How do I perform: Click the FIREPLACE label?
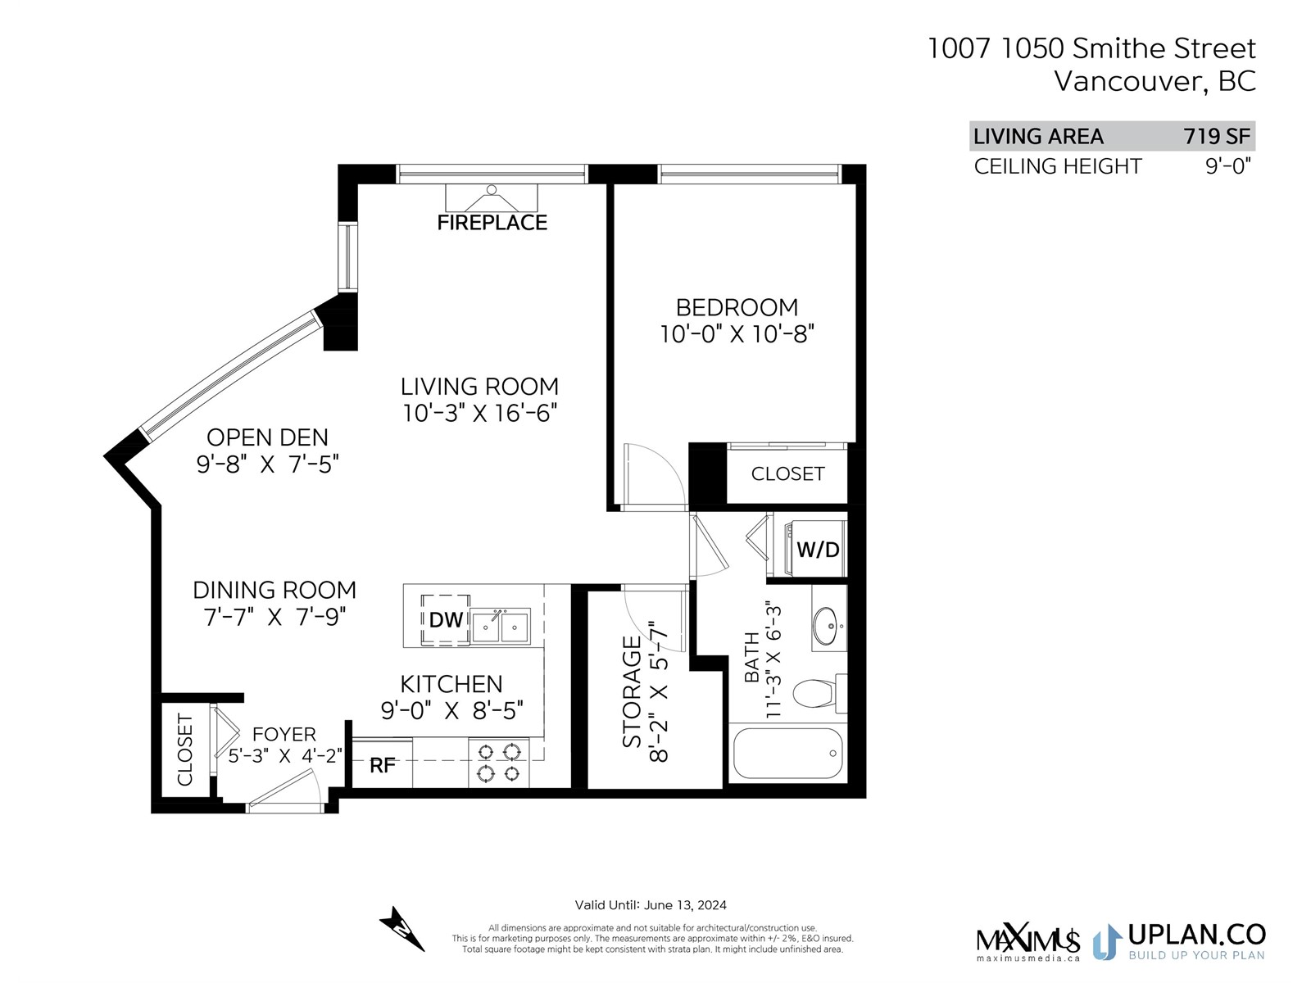492,223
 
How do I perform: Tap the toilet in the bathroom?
819,692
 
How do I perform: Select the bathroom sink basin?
825,626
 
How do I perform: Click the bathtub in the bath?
787,753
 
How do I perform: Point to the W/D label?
818,550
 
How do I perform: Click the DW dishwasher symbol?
446,620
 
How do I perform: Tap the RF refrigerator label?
383,765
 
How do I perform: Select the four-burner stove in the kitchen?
499,762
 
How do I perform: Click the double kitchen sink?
501,626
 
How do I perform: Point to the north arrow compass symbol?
402,929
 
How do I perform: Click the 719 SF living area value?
1217,136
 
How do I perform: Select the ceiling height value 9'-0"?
1228,166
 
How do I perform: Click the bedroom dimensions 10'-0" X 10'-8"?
737,334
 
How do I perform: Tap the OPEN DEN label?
268,437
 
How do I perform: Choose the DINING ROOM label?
274,591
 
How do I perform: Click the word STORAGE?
631,691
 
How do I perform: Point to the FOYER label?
284,734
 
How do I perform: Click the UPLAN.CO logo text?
1196,934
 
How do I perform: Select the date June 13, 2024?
685,905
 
